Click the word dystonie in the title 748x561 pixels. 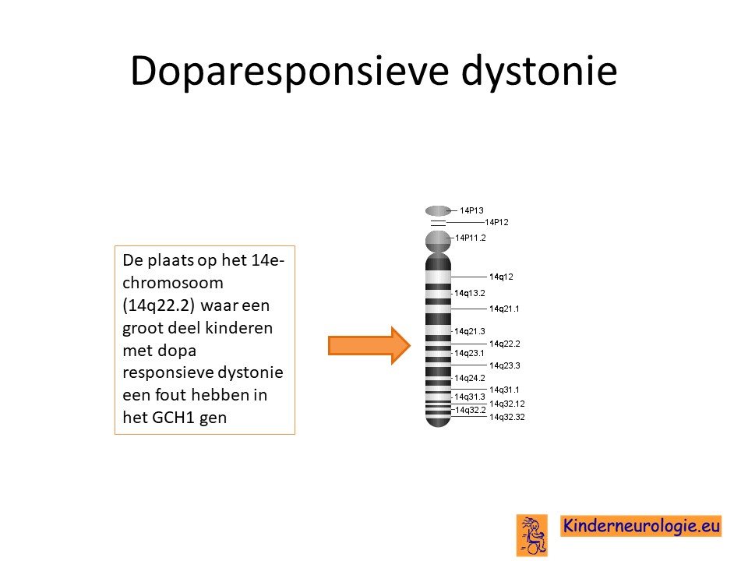tap(539, 71)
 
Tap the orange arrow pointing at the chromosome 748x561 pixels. tap(369, 345)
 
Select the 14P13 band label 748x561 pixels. tap(471, 210)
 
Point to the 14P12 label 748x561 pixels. tap(496, 222)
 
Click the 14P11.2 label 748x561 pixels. tap(471, 238)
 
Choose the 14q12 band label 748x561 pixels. tap(501, 277)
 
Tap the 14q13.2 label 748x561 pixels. tap(469, 293)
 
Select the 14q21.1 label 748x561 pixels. tap(504, 309)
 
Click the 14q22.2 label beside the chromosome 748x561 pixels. tap(505, 344)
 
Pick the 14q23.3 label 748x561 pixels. tap(505, 365)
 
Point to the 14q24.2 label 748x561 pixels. tap(469, 378)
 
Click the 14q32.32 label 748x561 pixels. tap(507, 417)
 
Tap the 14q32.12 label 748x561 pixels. tap(507, 404)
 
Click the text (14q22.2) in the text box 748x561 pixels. tap(158, 305)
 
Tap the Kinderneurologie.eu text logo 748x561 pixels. tap(641, 526)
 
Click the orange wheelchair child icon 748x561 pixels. tap(532, 535)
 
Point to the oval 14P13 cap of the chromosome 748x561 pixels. tap(437, 210)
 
